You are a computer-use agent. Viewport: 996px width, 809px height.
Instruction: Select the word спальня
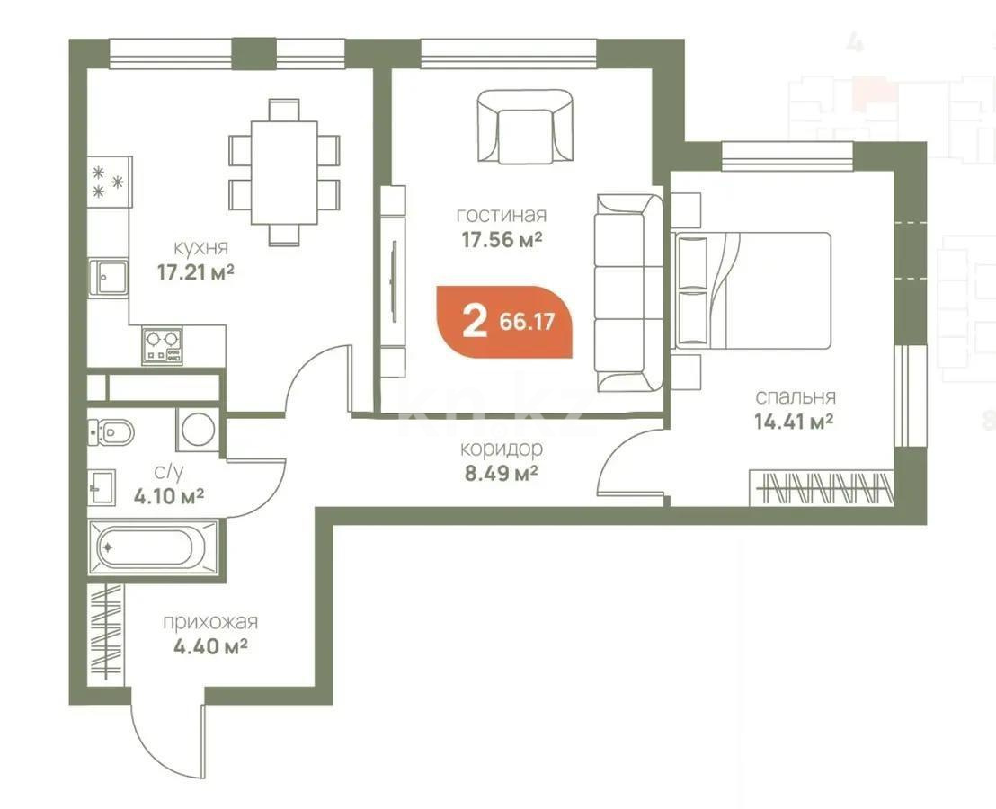click(795, 396)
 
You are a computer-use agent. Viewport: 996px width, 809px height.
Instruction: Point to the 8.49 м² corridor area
click(499, 472)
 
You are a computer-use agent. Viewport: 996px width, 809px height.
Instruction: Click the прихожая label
click(210, 622)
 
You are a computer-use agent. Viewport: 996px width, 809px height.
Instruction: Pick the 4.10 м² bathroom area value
click(166, 495)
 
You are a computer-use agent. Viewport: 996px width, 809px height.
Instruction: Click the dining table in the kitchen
click(284, 172)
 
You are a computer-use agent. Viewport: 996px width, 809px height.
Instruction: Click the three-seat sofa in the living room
click(628, 292)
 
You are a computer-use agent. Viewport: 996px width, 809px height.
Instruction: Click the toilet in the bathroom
click(111, 434)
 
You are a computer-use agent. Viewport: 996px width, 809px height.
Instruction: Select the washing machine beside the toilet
click(197, 429)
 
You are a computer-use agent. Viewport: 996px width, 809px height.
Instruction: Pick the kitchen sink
click(107, 277)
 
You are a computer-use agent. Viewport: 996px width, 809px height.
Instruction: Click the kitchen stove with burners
click(162, 345)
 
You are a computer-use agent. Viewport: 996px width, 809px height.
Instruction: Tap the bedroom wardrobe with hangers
click(820, 489)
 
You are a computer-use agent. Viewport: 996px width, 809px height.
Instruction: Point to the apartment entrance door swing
click(166, 733)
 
